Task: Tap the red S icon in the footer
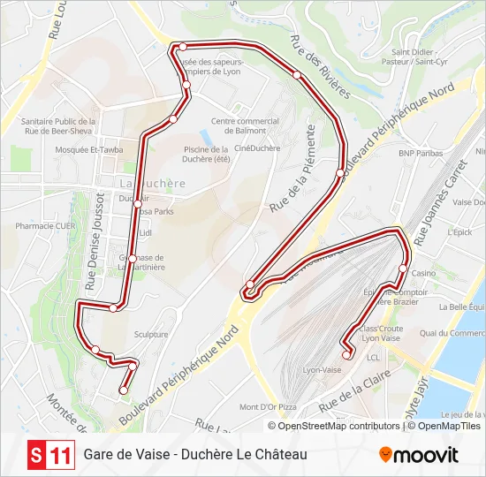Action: coord(36,456)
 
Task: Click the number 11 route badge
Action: coord(61,456)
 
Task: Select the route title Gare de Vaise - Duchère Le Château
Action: coord(195,456)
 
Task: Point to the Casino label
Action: coord(423,274)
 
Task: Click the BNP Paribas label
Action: coord(419,153)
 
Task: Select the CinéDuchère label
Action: coord(257,148)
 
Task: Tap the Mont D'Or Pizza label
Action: coord(268,407)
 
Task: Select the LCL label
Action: coord(373,358)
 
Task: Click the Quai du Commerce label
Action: coord(452,333)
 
